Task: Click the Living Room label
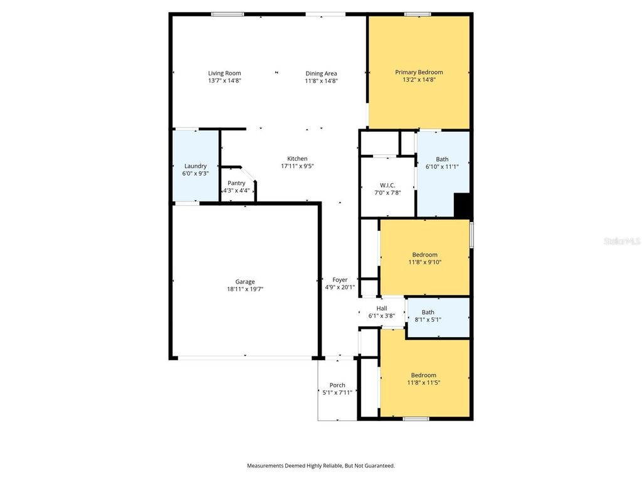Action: click(224, 73)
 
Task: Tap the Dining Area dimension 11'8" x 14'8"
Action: click(322, 81)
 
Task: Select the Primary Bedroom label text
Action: click(419, 72)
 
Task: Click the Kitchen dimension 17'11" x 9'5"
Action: click(297, 166)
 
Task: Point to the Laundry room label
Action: click(195, 166)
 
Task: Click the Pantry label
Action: click(236, 183)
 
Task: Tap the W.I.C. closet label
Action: click(387, 185)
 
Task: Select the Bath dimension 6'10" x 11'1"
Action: click(442, 167)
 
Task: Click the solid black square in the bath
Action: click(462, 205)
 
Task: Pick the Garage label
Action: click(245, 282)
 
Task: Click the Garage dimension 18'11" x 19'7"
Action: click(245, 289)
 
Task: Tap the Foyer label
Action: click(340, 280)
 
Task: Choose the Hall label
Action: click(381, 308)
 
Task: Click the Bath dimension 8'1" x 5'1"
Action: click(428, 319)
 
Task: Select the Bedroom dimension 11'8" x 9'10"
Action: click(424, 262)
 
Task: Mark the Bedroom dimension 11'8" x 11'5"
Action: click(424, 383)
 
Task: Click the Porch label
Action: click(337, 385)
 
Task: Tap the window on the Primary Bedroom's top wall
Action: click(417, 14)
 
